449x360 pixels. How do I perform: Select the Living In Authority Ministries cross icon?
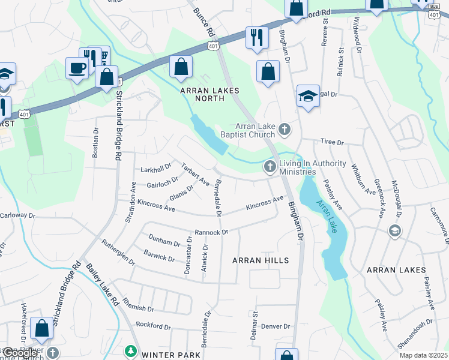coord(270,166)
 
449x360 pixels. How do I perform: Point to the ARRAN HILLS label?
coord(261,260)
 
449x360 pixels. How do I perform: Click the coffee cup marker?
coord(77,67)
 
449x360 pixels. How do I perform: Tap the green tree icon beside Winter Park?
coord(130,350)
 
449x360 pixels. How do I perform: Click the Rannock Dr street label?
coord(212,232)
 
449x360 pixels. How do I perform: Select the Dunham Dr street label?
coord(164,244)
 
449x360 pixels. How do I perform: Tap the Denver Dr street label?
coord(276,326)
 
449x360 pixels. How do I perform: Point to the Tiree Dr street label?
coord(331,143)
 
